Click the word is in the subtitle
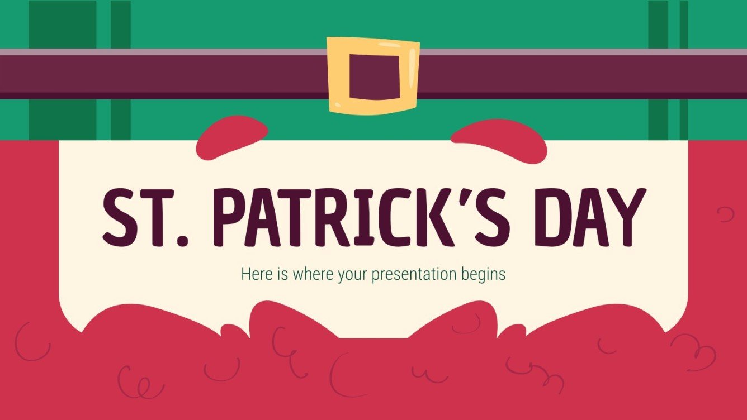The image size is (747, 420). coord(274,274)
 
